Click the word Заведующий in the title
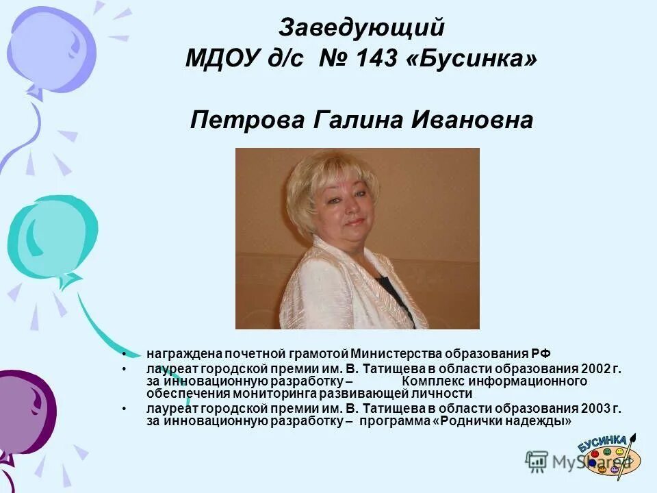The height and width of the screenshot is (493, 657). tap(361, 28)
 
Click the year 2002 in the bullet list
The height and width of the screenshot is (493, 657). tap(597, 368)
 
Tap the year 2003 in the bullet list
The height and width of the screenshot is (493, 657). tap(597, 409)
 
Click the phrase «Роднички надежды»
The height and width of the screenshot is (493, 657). tap(502, 422)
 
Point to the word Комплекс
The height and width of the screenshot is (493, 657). tap(430, 381)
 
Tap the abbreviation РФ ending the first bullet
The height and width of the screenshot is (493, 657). tap(541, 353)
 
